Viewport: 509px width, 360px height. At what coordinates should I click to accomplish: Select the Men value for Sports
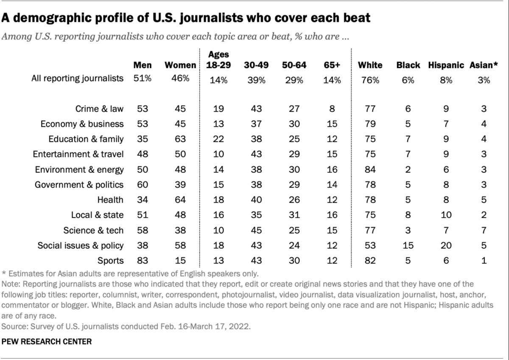143,260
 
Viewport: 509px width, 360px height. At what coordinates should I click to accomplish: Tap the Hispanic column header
446,65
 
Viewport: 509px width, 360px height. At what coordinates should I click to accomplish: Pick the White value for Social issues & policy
370,245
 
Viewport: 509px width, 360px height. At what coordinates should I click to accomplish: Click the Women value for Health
180,200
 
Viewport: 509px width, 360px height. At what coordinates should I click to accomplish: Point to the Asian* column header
483,65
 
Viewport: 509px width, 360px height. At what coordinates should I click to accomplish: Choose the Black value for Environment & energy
408,170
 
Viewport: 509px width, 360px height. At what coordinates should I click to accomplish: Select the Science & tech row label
93,230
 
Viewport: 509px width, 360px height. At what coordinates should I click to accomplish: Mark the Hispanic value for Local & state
445,215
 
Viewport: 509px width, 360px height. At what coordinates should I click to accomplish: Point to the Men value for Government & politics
143,185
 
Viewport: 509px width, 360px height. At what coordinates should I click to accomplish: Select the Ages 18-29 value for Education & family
218,139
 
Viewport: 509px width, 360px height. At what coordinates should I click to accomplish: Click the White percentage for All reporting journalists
370,79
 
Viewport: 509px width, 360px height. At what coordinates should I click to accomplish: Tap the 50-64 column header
293,65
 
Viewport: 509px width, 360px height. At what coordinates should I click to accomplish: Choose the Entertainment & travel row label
82,154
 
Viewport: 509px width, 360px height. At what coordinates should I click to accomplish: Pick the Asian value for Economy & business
484,124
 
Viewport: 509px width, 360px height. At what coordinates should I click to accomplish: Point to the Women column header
180,65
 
